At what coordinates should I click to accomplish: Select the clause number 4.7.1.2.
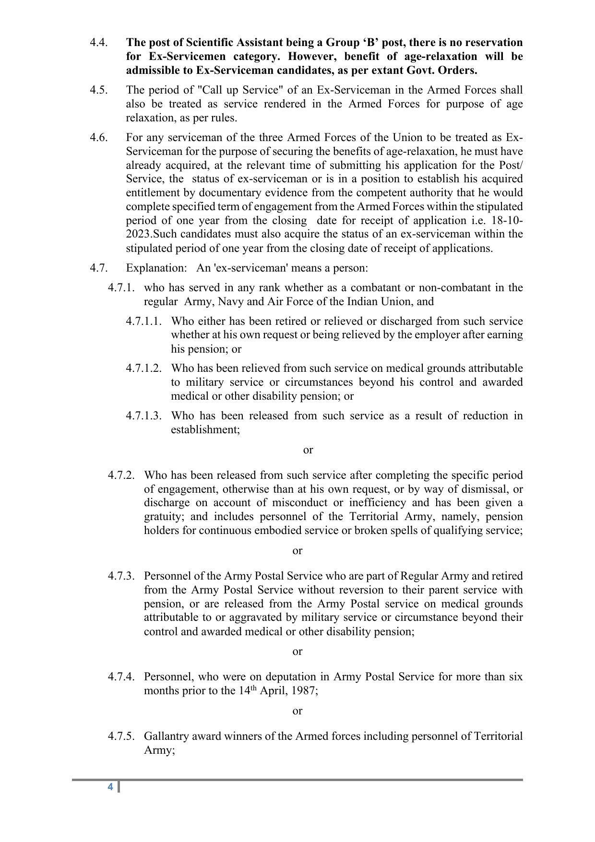[x=143, y=368]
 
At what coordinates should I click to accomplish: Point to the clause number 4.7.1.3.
[x=143, y=416]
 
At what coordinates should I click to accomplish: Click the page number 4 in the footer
[x=110, y=787]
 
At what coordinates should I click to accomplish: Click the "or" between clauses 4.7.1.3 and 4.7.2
[x=308, y=450]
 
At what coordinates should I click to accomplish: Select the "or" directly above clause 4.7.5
[x=297, y=711]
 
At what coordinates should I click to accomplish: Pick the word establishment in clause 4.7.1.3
[x=205, y=430]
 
